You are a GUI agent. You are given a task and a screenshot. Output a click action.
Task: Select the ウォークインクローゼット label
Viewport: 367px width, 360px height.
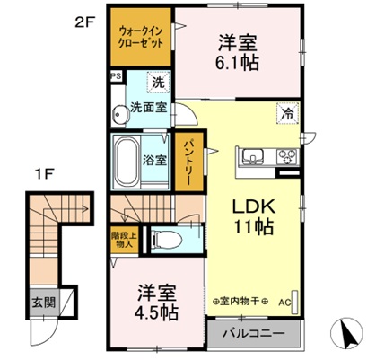(x=138, y=39)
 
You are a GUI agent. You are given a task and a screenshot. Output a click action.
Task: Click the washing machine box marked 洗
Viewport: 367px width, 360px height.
(x=157, y=82)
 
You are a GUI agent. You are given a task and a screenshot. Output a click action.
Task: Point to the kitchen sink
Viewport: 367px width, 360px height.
(x=251, y=154)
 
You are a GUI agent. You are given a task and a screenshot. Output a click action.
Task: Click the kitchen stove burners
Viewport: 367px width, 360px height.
(x=287, y=156)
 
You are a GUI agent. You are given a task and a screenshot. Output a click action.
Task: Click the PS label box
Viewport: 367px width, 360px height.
(x=116, y=76)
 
